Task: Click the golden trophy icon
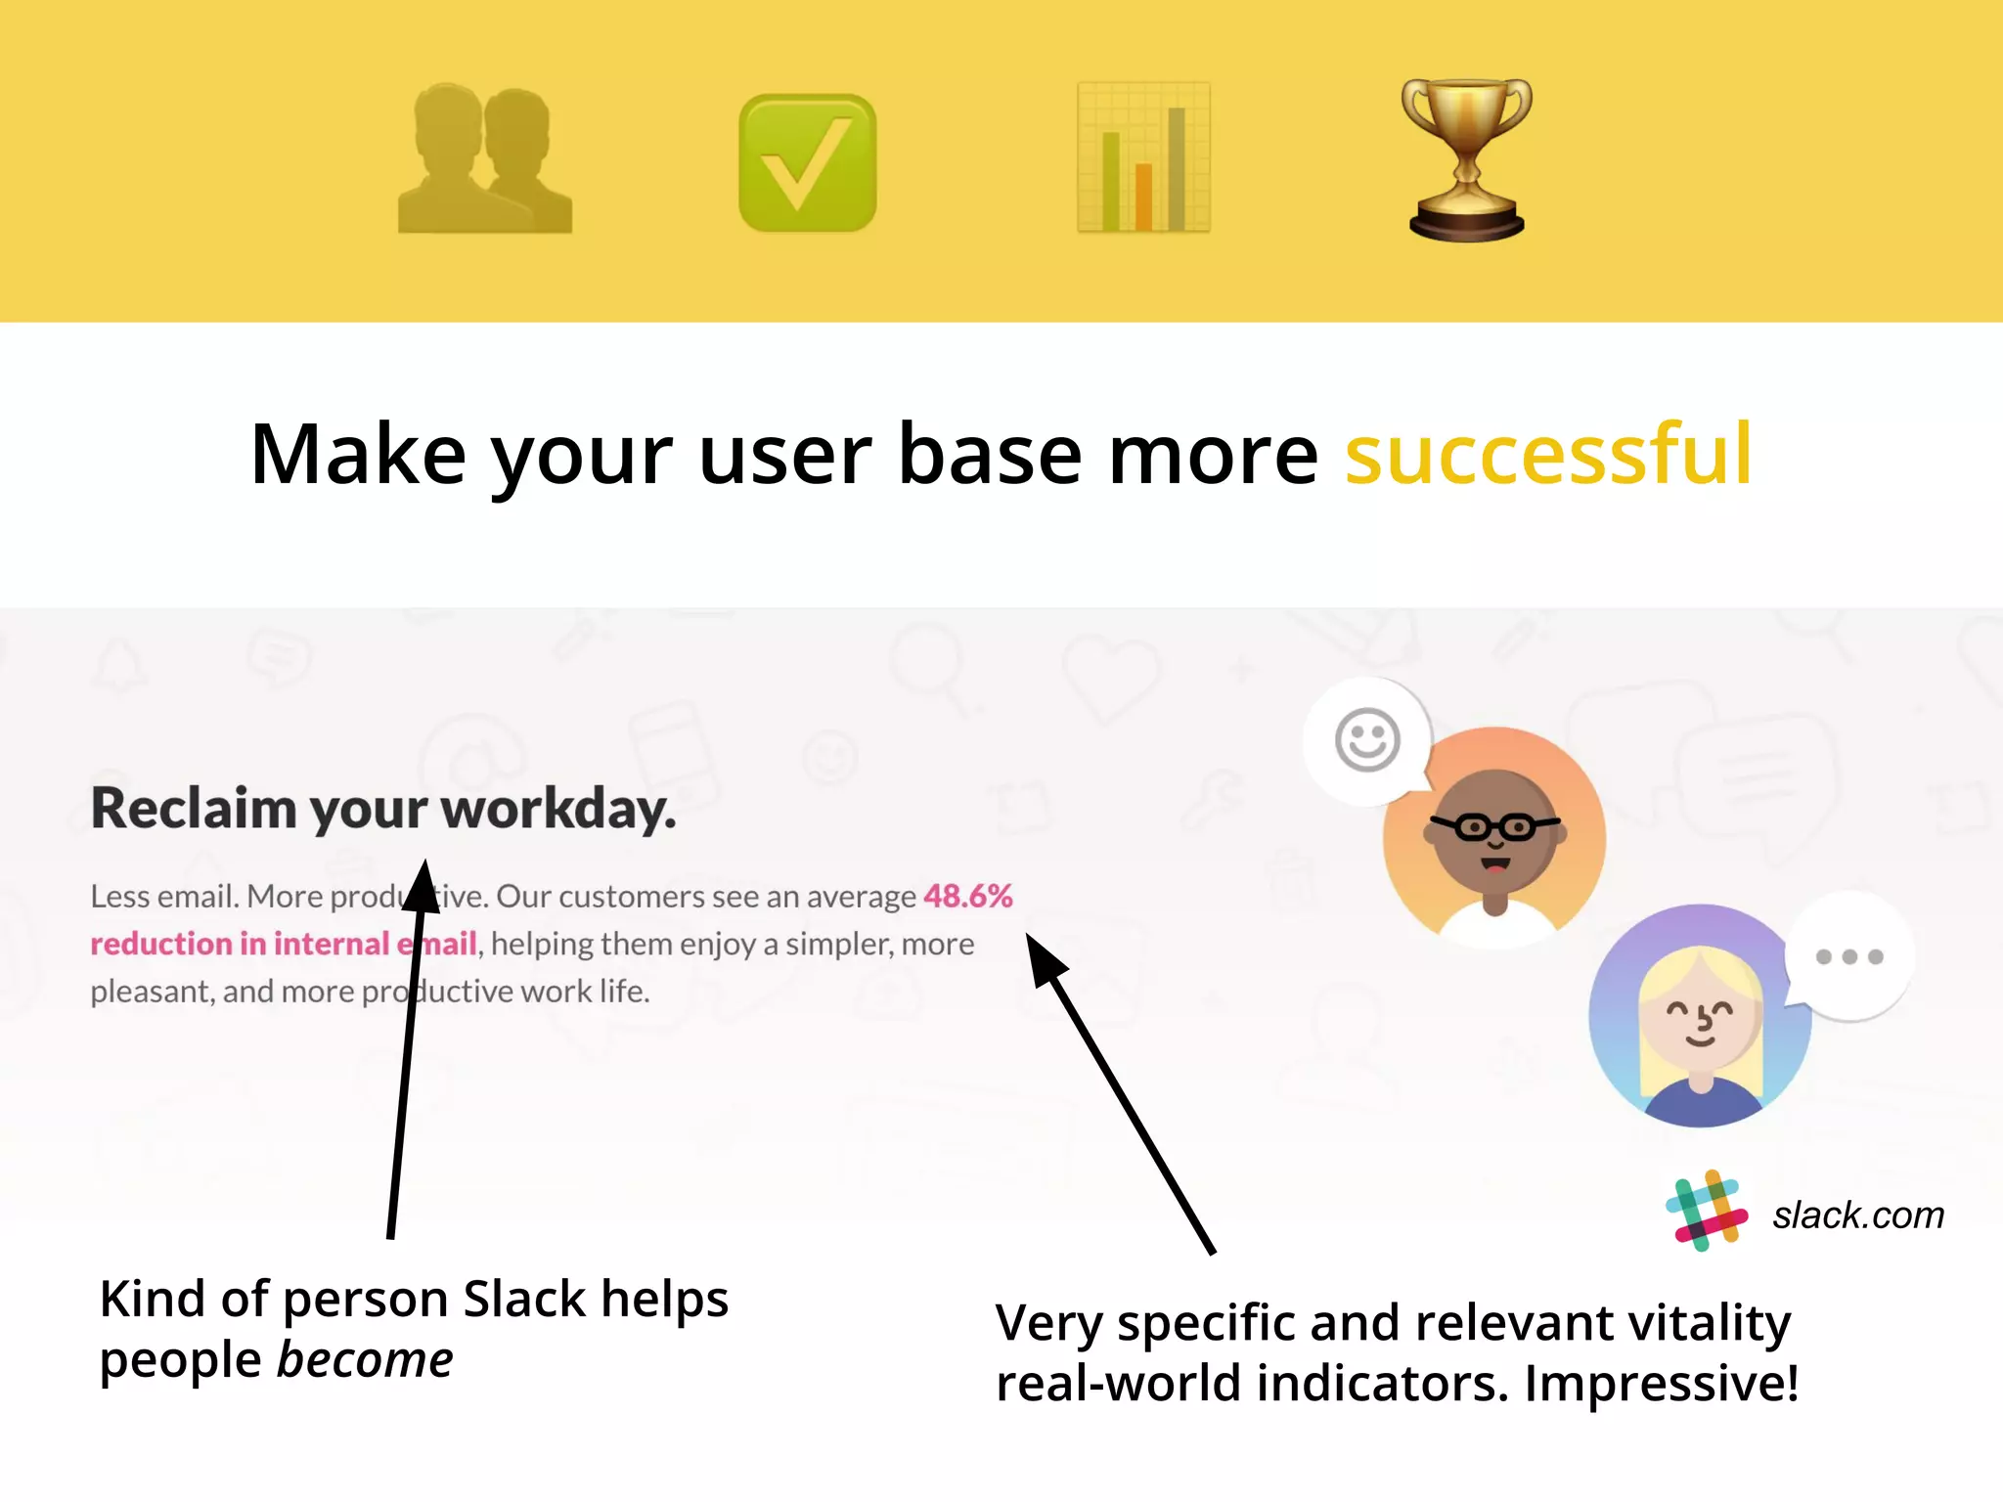pyautogui.click(x=1465, y=158)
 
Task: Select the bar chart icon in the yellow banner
pyautogui.click(x=1143, y=158)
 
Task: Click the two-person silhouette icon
pyautogui.click(x=485, y=158)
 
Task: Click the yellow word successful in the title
pyautogui.click(x=1547, y=454)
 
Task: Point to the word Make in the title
pyautogui.click(x=358, y=454)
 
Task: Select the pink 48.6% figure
pyautogui.click(x=967, y=896)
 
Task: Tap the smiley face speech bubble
pyautogui.click(x=1367, y=740)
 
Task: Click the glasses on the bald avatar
pyautogui.click(x=1494, y=827)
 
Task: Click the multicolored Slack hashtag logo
pyautogui.click(x=1706, y=1211)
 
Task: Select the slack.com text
pyautogui.click(x=1857, y=1215)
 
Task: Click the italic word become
pyautogui.click(x=365, y=1360)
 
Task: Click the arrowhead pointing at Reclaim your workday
pyautogui.click(x=423, y=885)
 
